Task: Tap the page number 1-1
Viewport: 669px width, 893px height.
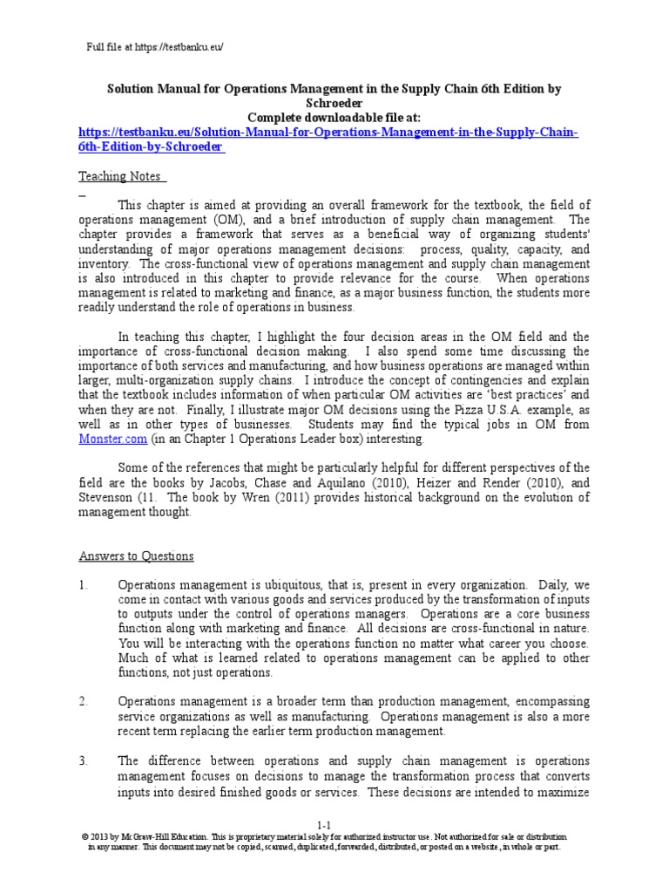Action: coord(325,824)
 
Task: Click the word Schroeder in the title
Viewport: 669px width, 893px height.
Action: coord(334,102)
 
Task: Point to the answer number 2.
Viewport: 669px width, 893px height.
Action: coord(84,701)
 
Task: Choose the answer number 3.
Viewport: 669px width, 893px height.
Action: coord(84,760)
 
